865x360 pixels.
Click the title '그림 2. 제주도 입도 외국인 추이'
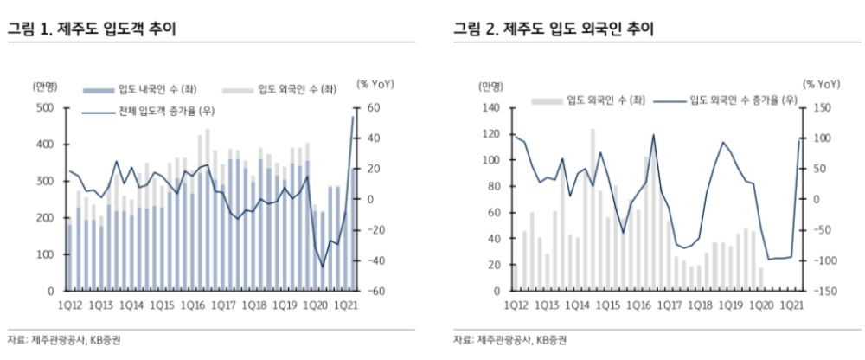point(554,29)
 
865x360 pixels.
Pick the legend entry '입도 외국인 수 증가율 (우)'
point(742,100)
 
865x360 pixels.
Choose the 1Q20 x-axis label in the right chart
point(760,305)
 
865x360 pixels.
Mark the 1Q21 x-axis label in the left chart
point(343,305)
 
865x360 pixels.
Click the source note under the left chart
point(63,339)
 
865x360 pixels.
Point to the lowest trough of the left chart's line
point(324,267)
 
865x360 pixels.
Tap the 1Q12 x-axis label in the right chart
point(517,305)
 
